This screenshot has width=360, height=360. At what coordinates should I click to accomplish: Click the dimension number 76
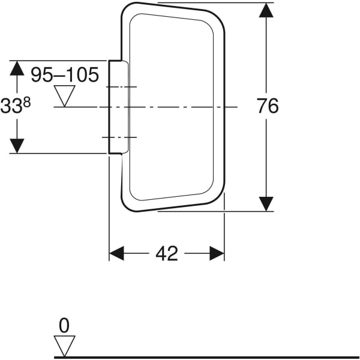point(268,106)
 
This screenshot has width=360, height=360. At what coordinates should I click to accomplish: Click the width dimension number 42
point(166,254)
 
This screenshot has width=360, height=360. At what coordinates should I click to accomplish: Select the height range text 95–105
point(65,75)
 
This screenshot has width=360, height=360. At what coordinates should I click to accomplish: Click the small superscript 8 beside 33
point(27,102)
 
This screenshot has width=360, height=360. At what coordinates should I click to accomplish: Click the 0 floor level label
point(64,326)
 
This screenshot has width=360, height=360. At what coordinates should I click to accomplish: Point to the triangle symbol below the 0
point(64,346)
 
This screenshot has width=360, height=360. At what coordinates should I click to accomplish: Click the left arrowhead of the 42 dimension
point(116,253)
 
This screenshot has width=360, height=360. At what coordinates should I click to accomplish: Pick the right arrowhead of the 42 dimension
point(217,253)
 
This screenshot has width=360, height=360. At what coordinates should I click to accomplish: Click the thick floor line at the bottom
point(210,357)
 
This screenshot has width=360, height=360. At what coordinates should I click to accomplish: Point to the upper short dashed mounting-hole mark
point(120,88)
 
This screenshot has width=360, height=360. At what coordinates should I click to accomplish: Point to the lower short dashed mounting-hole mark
point(120,137)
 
